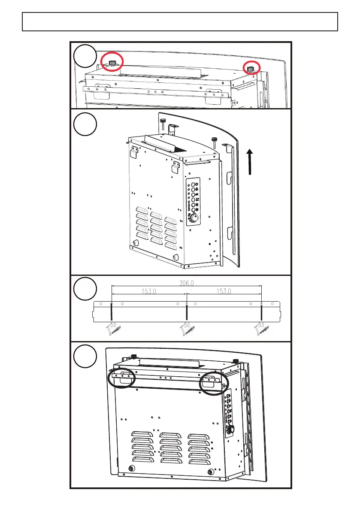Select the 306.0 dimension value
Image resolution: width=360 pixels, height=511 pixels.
pyautogui.click(x=186, y=283)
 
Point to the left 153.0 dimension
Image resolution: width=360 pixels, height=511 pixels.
pyautogui.click(x=148, y=291)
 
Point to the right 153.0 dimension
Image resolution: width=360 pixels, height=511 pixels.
pyautogui.click(x=224, y=291)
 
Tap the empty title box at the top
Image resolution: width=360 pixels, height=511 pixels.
pyautogui.click(x=180, y=21)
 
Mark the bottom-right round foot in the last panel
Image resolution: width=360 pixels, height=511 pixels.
pyautogui.click(x=210, y=472)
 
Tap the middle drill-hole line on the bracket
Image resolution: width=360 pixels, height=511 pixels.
pyautogui.click(x=186, y=312)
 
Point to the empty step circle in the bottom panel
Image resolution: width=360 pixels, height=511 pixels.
pyautogui.click(x=85, y=356)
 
